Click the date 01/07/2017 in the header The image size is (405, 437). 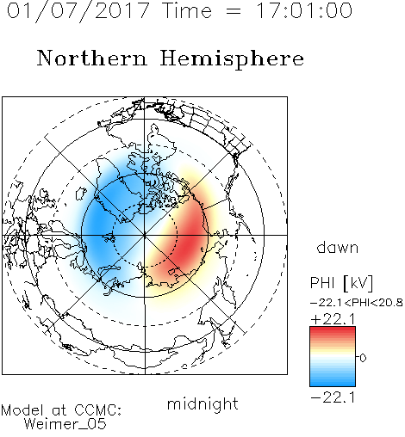(78, 10)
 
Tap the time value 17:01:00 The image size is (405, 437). (303, 10)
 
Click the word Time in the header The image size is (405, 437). (187, 10)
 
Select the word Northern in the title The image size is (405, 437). (92, 58)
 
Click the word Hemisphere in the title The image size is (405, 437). (232, 58)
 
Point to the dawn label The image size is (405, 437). (338, 248)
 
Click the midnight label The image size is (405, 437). (202, 404)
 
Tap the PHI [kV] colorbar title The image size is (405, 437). (341, 283)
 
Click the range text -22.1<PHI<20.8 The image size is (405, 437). (357, 303)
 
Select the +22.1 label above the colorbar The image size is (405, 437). (333, 319)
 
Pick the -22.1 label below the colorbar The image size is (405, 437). (333, 397)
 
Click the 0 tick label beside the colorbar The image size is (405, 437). (363, 358)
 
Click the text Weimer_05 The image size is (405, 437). (65, 424)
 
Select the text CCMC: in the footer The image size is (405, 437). (98, 410)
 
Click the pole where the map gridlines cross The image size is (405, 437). (145, 235)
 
